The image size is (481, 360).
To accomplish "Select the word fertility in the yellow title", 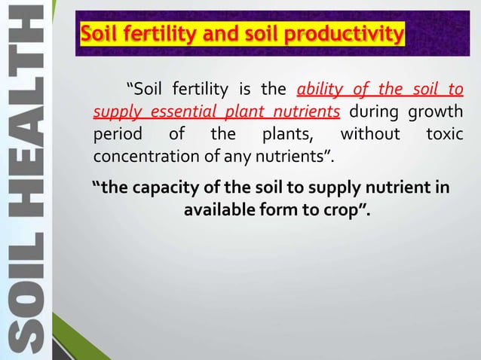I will click(156, 35).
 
